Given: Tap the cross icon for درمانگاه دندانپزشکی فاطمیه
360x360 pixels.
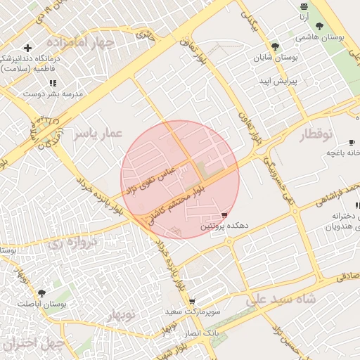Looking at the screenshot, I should point(27,49).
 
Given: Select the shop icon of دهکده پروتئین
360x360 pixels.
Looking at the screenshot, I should point(224,214).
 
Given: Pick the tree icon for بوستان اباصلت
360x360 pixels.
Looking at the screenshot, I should point(41,292).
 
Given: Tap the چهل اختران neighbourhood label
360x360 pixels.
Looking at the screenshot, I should point(32,345).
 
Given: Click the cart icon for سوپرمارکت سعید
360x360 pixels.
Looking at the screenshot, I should point(192,302).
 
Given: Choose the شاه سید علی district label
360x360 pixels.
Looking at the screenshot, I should point(280,300).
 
